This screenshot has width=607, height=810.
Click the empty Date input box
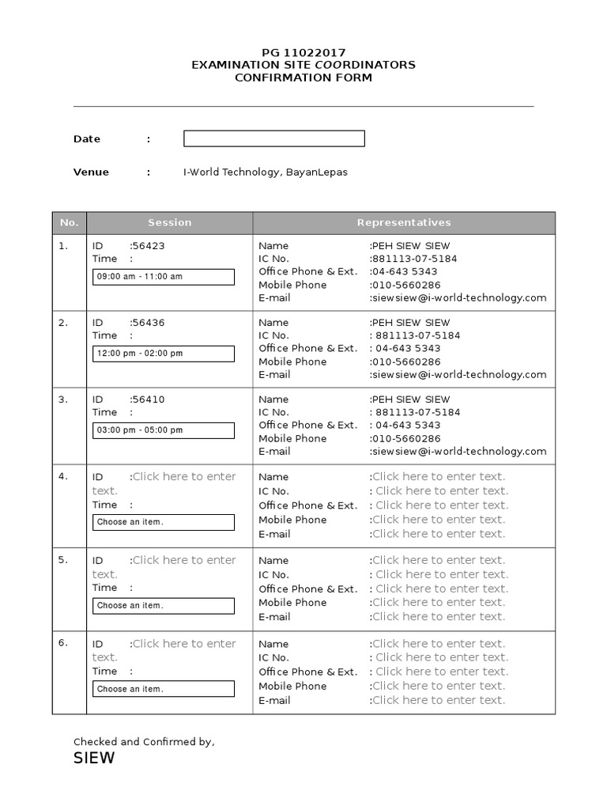273,139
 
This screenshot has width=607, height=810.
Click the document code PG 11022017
303,52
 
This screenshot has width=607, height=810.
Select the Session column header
169,223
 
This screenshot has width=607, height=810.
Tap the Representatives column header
404,223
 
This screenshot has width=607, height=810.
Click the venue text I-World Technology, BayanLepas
266,172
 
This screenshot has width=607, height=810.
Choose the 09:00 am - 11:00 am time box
164,277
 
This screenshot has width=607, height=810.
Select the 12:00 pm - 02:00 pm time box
164,354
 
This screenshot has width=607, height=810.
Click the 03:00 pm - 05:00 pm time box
164,430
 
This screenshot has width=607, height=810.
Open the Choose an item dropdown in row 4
164,522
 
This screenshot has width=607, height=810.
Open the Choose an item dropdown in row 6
164,689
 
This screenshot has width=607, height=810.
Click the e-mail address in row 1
459,298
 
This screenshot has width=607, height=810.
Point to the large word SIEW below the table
94,759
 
